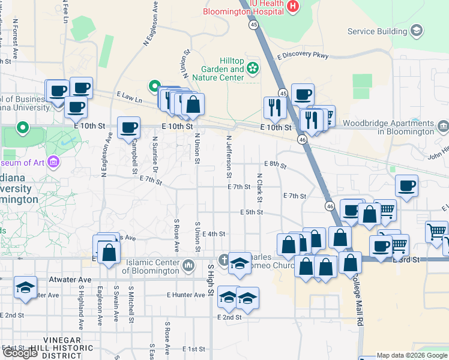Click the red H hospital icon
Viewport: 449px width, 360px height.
coord(293,7)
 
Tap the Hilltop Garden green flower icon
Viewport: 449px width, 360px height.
coord(253,68)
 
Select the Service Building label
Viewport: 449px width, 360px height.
coord(377,31)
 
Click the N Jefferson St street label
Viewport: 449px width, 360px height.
coord(229,157)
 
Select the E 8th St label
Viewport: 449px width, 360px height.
coord(276,164)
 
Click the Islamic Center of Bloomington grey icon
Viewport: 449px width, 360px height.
coord(188,265)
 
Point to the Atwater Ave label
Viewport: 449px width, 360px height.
coord(71,280)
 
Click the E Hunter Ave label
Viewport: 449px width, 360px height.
coord(185,295)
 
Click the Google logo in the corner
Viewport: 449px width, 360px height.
coord(20,353)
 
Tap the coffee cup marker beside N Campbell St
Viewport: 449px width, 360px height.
coord(129,128)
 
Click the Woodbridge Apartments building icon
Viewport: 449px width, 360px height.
coord(444,126)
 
